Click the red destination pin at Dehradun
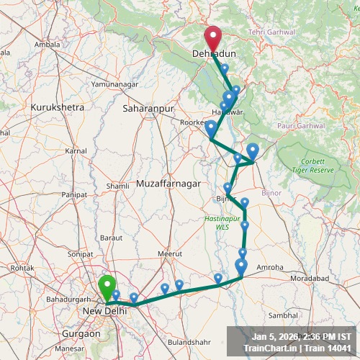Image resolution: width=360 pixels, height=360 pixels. coord(213,37)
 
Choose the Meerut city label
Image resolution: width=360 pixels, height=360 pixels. coord(171,253)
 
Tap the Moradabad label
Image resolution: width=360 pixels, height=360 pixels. coord(310,278)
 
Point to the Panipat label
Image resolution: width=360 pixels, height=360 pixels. coord(74,194)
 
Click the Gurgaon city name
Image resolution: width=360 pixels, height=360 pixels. coord(81,334)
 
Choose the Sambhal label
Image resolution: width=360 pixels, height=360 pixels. coord(282,315)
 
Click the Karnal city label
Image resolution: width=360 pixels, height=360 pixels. coord(76,151)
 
